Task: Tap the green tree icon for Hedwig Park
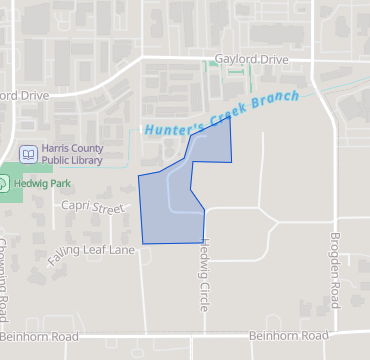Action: click(3, 183)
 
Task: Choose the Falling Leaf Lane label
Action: click(90, 255)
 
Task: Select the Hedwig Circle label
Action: click(205, 270)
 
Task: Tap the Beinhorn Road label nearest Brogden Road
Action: click(288, 335)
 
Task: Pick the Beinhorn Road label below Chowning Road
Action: click(40, 337)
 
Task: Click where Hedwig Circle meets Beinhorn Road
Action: click(205, 334)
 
